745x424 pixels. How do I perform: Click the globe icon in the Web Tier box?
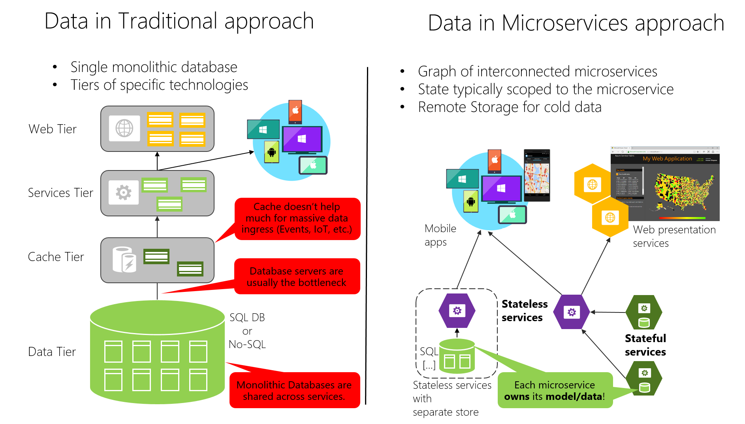tap(124, 129)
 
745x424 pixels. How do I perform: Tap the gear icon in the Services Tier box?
tap(124, 193)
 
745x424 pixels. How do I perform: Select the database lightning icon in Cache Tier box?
tap(124, 260)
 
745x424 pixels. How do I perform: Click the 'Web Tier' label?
tap(53, 129)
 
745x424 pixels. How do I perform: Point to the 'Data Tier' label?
tap(52, 352)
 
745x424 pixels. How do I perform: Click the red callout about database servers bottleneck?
tap(296, 276)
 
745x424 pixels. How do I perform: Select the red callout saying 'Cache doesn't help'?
tap(297, 218)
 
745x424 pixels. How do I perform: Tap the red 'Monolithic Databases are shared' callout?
tap(294, 390)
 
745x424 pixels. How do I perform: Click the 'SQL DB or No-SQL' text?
tap(247, 331)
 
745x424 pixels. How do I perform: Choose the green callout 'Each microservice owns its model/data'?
tap(555, 390)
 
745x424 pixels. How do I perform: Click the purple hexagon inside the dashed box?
tap(457, 311)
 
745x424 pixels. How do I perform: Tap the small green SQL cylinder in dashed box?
tap(457, 356)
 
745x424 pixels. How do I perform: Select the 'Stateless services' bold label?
tap(524, 310)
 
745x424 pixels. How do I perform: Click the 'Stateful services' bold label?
tap(645, 345)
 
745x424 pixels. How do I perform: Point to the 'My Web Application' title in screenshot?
tap(667, 159)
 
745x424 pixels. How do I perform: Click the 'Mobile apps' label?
tap(440, 235)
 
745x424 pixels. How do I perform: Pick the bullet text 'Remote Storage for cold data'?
tap(510, 107)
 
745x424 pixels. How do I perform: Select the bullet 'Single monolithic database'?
tap(154, 67)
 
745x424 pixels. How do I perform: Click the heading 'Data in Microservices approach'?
tap(576, 23)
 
